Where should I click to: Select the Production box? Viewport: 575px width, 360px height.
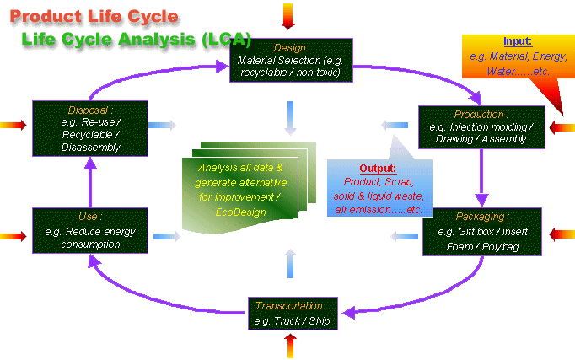481,126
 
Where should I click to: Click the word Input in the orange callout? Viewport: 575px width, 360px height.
517,41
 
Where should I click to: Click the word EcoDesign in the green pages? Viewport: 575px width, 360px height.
240,212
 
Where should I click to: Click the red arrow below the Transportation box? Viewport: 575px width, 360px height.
291,344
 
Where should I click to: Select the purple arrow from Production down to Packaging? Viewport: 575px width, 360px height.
483,177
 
